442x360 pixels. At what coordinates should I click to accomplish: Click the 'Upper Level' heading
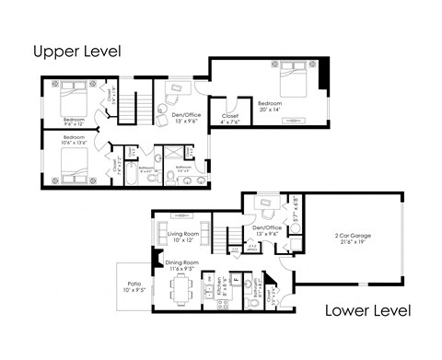point(76,50)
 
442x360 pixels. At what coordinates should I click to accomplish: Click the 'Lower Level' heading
point(367,310)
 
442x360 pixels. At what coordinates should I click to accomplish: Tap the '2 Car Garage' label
point(353,235)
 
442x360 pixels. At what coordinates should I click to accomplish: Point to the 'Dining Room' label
point(181,262)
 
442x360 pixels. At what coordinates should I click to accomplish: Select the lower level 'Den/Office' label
point(266,227)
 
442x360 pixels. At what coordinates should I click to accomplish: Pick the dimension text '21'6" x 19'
point(353,241)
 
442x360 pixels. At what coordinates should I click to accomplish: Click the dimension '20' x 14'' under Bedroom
point(269,109)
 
